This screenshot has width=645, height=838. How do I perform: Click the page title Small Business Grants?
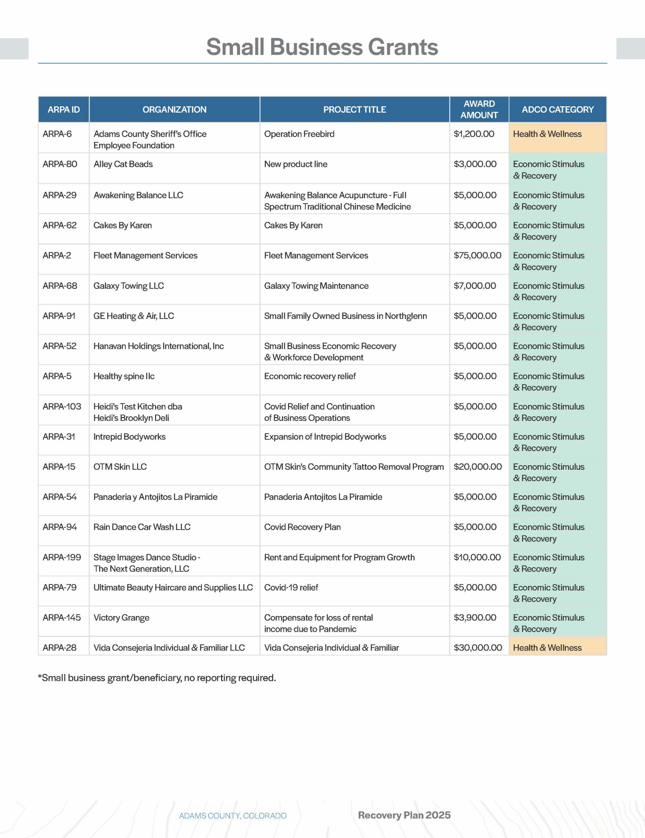click(322, 47)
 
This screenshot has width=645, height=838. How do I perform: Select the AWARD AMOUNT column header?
click(479, 109)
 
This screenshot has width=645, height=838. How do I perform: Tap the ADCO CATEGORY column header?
click(557, 109)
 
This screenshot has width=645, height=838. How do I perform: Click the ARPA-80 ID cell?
click(60, 164)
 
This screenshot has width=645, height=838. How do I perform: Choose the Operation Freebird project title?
click(299, 134)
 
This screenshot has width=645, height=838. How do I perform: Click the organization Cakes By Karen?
click(123, 225)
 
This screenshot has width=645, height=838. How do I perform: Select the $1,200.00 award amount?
click(474, 134)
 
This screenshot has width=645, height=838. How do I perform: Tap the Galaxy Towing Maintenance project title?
click(316, 286)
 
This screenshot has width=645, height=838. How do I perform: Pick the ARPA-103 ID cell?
click(62, 406)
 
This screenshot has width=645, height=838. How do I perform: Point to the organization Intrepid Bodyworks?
click(129, 437)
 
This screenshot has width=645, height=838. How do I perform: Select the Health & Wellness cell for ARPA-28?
click(547, 648)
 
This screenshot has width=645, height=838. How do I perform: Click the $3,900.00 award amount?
click(475, 617)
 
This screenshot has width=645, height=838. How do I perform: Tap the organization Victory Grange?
click(121, 617)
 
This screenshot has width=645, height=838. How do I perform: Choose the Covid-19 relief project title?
click(291, 588)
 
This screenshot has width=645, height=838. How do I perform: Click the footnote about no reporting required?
click(157, 678)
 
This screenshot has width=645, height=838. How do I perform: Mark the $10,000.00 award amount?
click(477, 557)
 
